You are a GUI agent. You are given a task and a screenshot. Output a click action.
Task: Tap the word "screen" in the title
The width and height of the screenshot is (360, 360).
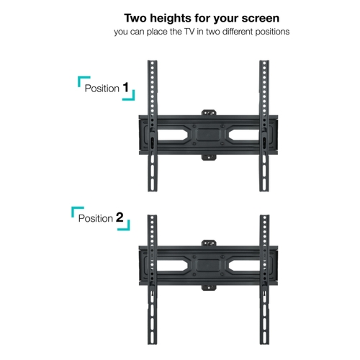261,19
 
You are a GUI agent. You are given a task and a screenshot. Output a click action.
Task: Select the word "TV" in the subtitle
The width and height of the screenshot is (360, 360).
189,32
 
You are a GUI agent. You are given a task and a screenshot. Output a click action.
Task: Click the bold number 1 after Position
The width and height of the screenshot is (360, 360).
126,87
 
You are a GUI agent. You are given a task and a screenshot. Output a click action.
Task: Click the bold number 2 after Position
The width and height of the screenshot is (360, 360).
120,217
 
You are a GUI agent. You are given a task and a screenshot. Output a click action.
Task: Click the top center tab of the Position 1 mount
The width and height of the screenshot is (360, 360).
209,112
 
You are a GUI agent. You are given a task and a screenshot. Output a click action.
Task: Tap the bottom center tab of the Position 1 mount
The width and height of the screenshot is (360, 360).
209,158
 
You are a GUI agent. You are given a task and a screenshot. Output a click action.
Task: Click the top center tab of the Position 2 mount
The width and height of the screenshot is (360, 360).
209,243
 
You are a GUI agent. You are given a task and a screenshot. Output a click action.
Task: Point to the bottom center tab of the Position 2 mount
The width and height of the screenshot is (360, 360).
209,287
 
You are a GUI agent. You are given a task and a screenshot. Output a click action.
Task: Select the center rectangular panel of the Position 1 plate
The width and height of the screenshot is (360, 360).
208,135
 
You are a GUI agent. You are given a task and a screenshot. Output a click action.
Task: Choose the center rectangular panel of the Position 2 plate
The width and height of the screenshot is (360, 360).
208,265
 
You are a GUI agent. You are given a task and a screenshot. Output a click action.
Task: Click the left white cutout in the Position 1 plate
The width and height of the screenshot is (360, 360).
171,135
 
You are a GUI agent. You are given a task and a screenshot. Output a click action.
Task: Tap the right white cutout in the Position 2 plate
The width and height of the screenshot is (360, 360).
244,265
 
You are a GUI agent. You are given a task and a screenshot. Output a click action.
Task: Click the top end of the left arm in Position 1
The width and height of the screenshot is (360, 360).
152,61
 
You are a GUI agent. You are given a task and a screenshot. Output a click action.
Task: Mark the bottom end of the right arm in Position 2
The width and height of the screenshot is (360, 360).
264,343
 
